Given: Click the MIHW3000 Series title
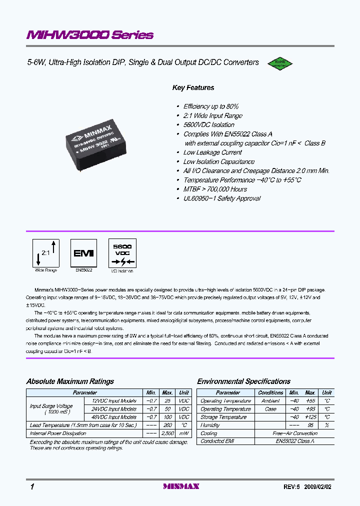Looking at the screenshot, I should click(x=90, y=35).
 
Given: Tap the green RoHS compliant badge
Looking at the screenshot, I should click(x=279, y=63).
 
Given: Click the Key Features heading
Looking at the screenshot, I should click(x=193, y=88).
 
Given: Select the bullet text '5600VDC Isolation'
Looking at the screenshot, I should click(x=208, y=125).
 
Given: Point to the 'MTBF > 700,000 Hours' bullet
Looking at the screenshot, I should click(x=215, y=189).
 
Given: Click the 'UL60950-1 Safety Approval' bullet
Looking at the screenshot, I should click(x=221, y=198).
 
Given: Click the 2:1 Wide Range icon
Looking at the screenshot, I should click(x=46, y=253).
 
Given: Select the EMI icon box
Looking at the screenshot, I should click(x=83, y=253).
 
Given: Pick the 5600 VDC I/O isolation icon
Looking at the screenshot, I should click(x=122, y=253).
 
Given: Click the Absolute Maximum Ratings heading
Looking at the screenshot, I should click(x=70, y=381).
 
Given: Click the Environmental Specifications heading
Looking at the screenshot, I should click(x=243, y=381).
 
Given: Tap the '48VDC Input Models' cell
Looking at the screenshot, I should click(x=114, y=417).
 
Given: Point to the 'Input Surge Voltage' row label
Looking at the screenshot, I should click(x=51, y=406).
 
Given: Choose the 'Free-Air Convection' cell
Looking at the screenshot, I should click(x=294, y=433).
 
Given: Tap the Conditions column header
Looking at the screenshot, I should click(x=270, y=393).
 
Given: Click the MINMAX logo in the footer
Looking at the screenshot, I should click(x=181, y=486).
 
